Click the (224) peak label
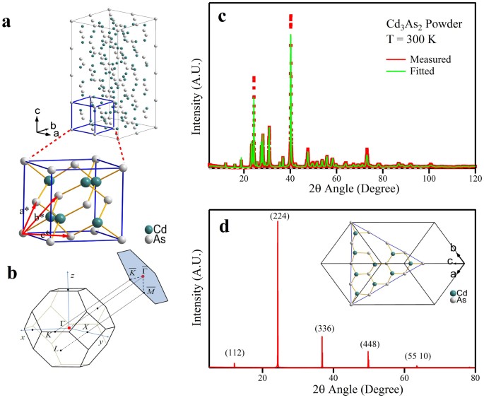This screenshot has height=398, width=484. point(277,216)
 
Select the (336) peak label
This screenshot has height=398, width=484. point(322,329)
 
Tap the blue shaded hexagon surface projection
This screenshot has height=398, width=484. point(145,266)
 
